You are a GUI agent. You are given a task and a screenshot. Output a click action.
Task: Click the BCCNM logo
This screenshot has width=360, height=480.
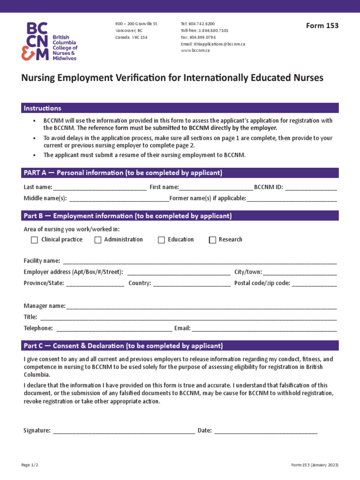pos(49,41)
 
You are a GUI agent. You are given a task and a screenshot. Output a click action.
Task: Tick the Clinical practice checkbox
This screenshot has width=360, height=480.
pos(34,240)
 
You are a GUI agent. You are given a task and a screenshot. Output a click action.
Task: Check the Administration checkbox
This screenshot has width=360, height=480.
pos(98,240)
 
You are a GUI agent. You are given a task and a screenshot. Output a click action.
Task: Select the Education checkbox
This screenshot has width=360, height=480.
pos(162,240)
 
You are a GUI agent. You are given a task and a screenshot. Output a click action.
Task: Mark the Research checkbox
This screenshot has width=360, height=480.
pos(212,240)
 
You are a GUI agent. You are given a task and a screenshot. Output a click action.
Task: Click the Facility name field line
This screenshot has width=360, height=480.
pos(200,262)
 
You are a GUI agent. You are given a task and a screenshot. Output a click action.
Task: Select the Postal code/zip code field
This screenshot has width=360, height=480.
pos(315,284)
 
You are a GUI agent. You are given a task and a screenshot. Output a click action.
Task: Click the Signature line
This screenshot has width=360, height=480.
pos(124,431)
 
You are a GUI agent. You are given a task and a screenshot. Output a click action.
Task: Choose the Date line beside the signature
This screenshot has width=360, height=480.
pos(266,431)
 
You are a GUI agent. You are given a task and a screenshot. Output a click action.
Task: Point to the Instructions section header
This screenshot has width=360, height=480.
pos(43,108)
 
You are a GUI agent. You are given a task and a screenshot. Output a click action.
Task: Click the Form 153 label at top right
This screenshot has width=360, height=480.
pos(322,26)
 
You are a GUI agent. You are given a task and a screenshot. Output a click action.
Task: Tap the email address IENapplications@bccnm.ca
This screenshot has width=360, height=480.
pos(213,44)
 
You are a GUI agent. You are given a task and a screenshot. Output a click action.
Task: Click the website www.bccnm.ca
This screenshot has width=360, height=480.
pos(195,51)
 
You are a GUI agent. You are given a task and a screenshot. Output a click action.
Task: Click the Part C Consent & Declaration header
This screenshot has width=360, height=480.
pos(123,346)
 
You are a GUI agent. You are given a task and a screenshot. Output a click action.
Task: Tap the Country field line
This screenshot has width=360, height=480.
pos(192,284)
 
